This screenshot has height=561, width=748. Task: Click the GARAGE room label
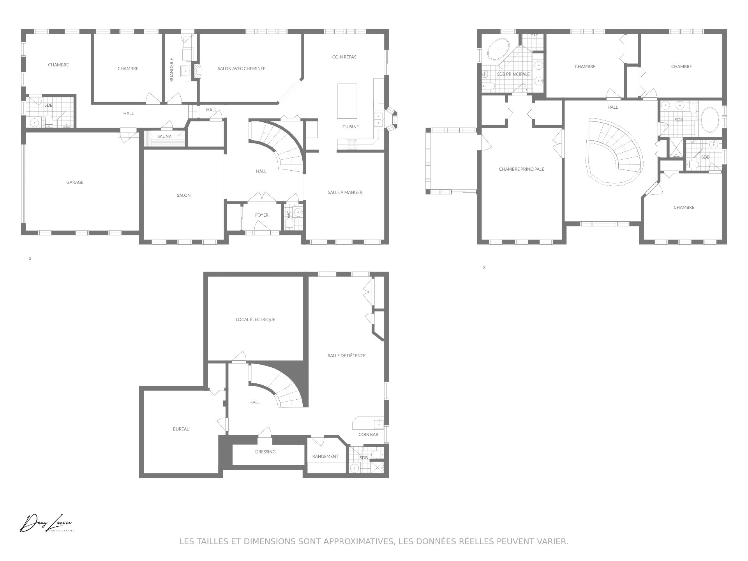point(75,182)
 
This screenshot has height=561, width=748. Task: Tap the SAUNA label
point(164,136)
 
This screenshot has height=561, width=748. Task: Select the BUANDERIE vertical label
point(172,70)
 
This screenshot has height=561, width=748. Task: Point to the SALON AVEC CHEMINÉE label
point(242,69)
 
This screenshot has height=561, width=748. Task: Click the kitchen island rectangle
point(347,101)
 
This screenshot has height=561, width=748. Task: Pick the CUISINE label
point(351,127)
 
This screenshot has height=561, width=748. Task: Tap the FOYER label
point(262,215)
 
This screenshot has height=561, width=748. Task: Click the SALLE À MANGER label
point(345,192)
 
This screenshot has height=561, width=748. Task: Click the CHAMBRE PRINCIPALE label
point(522,169)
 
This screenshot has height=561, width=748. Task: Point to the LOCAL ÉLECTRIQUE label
point(256,319)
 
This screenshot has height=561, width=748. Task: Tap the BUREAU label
point(181,429)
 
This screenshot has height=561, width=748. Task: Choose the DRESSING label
point(265,452)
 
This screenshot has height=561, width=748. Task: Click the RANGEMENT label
point(325,456)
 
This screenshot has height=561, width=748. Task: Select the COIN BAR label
point(368,435)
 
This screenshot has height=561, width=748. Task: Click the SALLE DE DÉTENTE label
point(347,356)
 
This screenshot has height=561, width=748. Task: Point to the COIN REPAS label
point(344,57)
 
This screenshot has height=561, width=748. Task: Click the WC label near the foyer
point(289,215)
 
